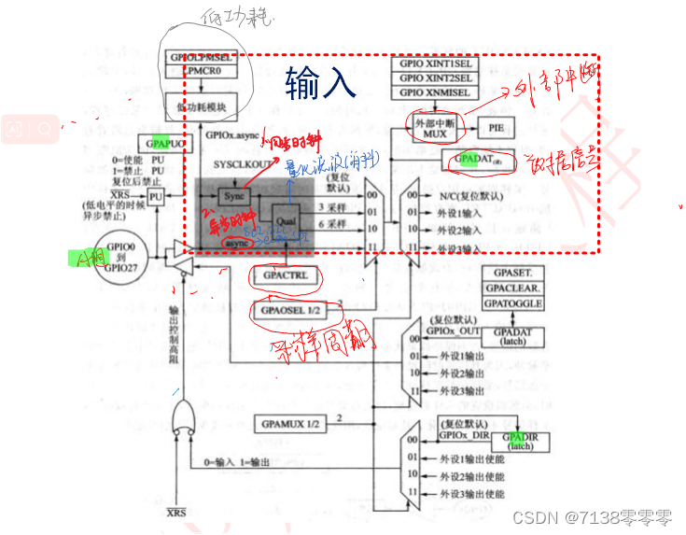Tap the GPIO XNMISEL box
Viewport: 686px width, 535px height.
click(438, 93)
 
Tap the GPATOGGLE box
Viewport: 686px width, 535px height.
click(511, 303)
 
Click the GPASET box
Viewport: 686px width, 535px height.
click(511, 273)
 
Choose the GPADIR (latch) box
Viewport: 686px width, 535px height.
click(520, 442)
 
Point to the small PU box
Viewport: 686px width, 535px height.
click(156, 198)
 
